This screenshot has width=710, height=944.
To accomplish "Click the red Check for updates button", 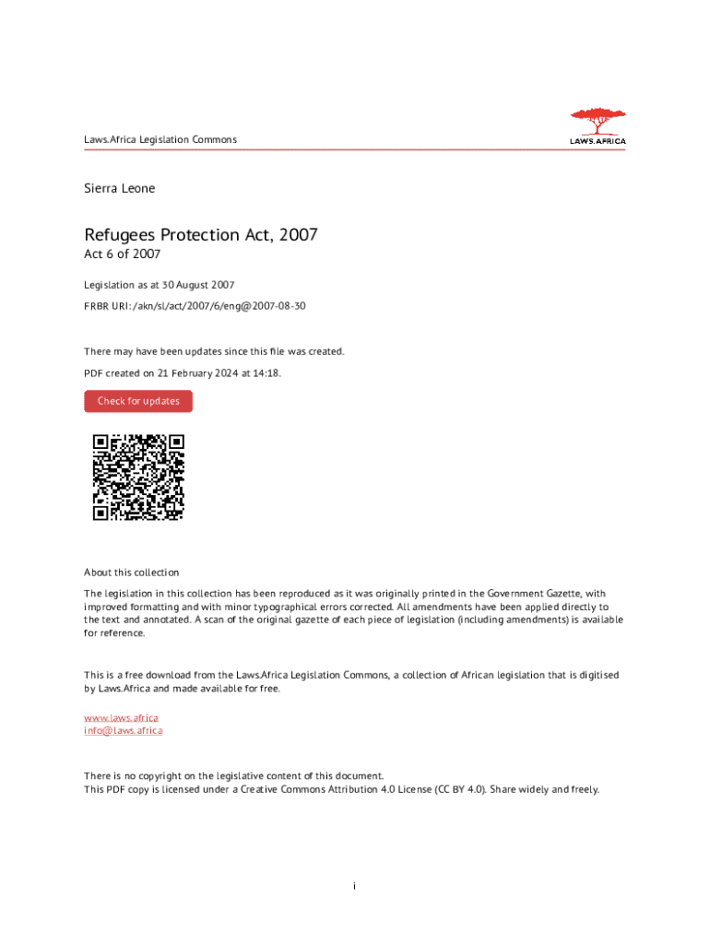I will click(138, 401).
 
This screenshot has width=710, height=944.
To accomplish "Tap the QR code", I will click(138, 477).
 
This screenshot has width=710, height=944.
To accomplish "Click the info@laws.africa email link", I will click(124, 730).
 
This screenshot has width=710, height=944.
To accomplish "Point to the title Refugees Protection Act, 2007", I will click(201, 235).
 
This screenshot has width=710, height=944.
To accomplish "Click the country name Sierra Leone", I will click(120, 188).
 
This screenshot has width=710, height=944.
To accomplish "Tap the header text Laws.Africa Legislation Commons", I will click(160, 140).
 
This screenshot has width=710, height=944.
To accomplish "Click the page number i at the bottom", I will click(355, 886).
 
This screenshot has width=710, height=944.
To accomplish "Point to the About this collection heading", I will click(132, 572).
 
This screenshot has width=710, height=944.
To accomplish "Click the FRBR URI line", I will click(195, 304).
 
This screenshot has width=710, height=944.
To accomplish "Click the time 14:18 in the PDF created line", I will click(267, 372).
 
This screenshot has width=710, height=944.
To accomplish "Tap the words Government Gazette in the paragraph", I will click(534, 594).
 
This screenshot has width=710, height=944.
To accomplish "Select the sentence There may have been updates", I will click(214, 351).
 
